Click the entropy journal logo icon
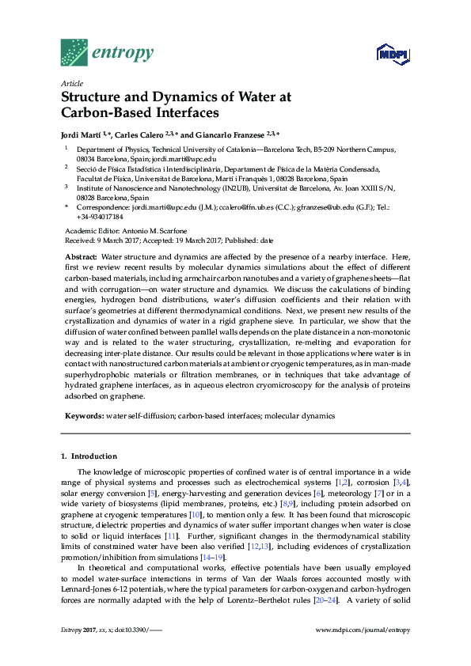75,52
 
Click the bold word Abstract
80,259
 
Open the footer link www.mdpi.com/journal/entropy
362,651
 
